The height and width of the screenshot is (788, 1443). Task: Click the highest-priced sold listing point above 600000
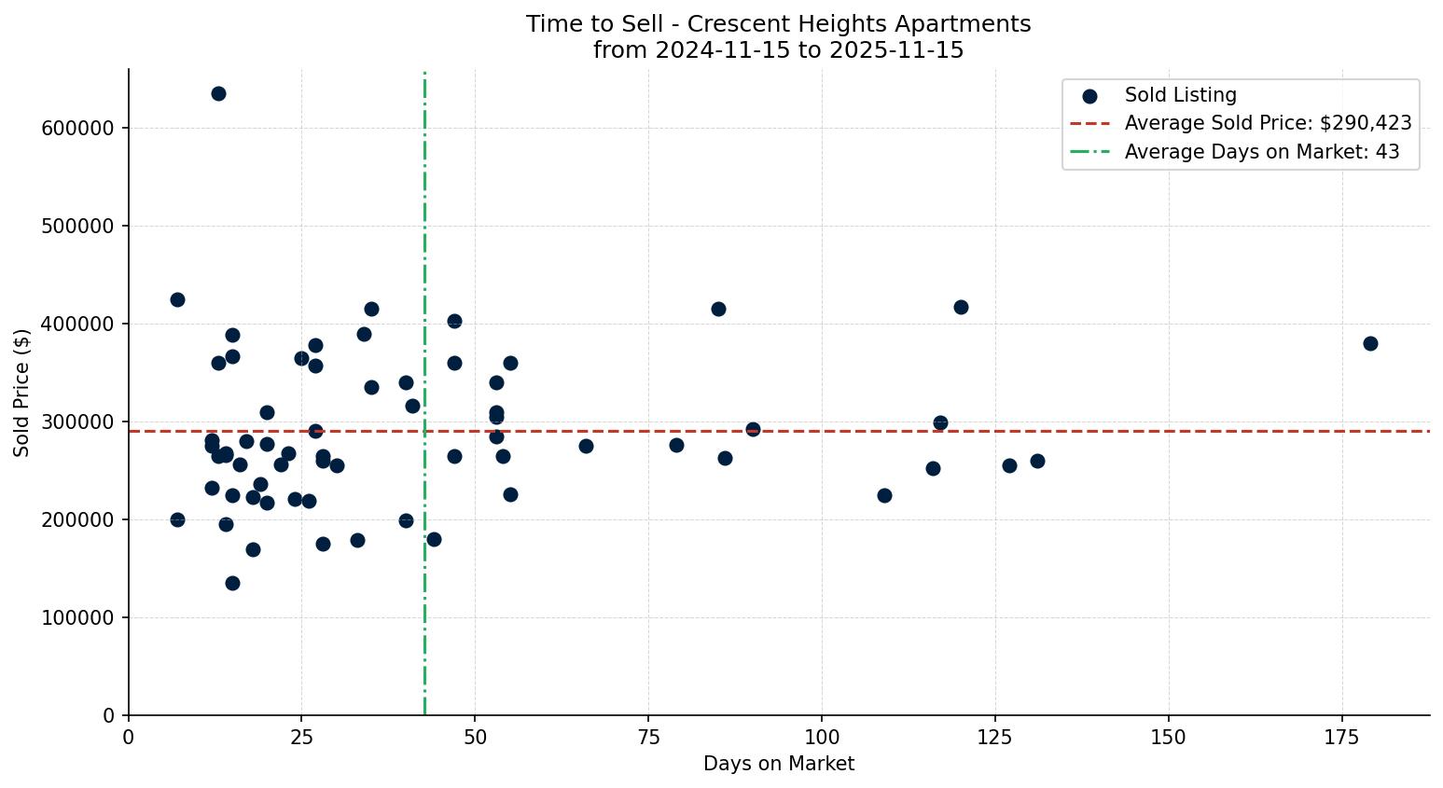coord(218,93)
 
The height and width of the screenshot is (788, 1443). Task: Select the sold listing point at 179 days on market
coord(1370,343)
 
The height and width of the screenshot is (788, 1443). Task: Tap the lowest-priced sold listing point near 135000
coord(232,583)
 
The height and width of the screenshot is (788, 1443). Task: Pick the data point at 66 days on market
coord(586,446)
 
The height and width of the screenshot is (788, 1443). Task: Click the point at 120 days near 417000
coord(961,307)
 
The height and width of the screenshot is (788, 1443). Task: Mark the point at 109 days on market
coord(884,495)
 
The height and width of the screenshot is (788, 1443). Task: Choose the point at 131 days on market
coord(1037,461)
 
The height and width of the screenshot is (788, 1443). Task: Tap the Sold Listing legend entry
coord(1180,95)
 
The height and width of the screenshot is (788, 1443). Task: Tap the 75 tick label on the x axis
coord(648,737)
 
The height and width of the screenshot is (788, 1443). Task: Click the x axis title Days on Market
coord(779,764)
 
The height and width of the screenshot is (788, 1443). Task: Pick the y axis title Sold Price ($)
coord(22,393)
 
